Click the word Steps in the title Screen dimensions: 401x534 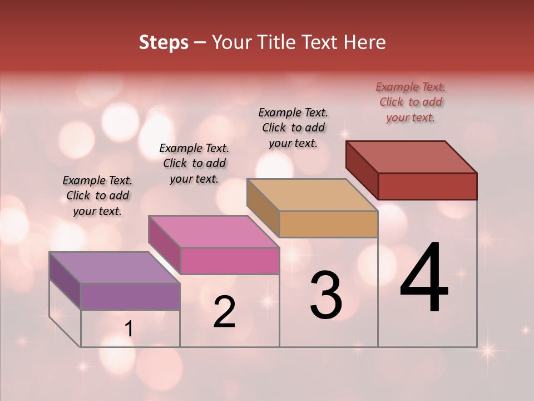point(164,42)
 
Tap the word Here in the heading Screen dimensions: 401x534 point(364,42)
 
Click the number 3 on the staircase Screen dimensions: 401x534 point(326,295)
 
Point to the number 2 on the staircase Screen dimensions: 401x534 point(224,312)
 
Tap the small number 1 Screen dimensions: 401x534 point(129,329)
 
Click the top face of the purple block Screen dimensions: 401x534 point(114,267)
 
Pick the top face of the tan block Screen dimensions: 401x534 point(312,195)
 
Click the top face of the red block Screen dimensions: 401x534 point(411,157)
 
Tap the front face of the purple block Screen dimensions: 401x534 point(130,296)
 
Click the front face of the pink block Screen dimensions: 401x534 point(229,261)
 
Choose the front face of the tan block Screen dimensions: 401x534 point(328,224)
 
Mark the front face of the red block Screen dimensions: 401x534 point(427,186)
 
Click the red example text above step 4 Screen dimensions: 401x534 point(411,102)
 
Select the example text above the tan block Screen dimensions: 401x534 point(293,128)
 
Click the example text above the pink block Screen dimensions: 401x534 point(194,163)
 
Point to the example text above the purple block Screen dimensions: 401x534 point(97,195)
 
